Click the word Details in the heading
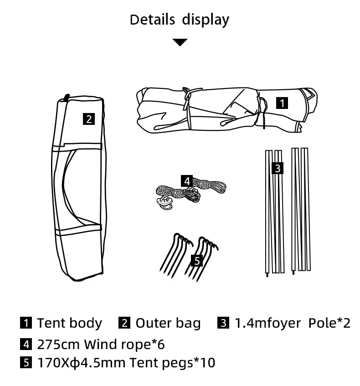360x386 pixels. tap(152, 20)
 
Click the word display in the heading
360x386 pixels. tap(206, 20)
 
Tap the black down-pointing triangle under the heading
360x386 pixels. tap(180, 42)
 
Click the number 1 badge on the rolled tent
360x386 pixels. tap(283, 103)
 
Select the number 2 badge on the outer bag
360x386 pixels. tap(89, 119)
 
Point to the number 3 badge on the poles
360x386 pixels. tap(278, 168)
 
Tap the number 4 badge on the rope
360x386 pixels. tap(187, 180)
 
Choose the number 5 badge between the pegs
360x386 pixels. tap(197, 260)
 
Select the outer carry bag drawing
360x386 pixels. tap(80, 191)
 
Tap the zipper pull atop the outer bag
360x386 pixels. tap(67, 97)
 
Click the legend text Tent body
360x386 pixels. tap(69, 323)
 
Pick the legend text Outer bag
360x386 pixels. tap(168, 323)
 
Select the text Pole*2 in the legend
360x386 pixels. tap(329, 323)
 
